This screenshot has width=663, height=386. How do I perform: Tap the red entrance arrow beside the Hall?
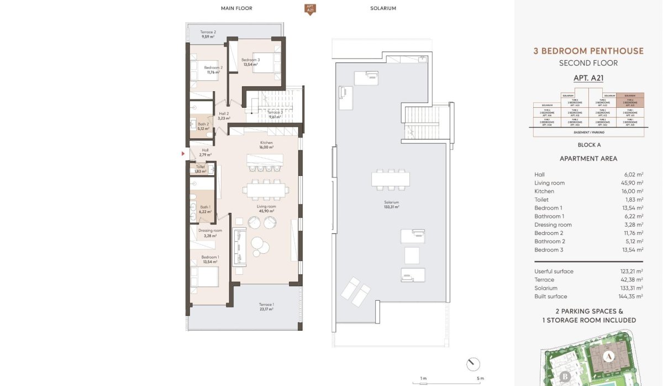point(183,154)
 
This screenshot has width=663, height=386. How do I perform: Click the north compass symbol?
point(473,364)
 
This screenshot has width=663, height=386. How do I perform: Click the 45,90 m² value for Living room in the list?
point(632,183)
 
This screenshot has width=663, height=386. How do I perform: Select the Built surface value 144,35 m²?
point(632,296)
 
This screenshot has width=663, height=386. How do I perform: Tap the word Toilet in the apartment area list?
point(541,200)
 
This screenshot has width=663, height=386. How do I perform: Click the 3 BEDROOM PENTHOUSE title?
point(588,51)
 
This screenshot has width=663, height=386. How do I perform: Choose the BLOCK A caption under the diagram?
point(588,145)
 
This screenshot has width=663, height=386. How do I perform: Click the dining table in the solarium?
point(391,179)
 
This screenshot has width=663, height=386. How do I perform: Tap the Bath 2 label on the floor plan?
point(204,126)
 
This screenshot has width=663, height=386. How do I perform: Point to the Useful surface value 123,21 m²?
point(632,272)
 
